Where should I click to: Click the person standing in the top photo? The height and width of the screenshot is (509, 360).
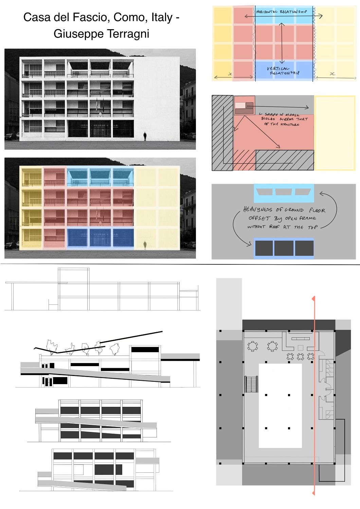145,136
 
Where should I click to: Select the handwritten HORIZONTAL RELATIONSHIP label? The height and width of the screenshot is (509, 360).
282,12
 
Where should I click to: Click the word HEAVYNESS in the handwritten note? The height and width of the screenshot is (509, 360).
257,210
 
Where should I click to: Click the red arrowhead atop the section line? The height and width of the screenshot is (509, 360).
313,299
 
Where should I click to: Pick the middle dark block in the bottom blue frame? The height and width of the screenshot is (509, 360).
284,248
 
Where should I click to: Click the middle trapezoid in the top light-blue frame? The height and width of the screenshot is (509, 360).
284,192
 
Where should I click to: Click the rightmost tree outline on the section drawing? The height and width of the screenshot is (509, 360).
115,349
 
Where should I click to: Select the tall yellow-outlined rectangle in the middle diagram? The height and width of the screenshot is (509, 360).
335,133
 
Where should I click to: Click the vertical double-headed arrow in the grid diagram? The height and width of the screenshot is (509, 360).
282,43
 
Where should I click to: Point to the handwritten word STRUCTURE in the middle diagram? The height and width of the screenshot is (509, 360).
290,125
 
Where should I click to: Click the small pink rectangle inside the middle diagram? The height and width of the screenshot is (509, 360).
240,106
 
